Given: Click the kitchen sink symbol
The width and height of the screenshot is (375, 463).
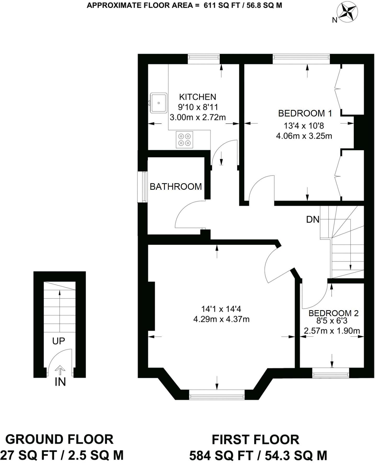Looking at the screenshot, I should pyautogui.click(x=159, y=103).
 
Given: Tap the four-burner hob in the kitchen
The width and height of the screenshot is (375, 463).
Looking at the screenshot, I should pyautogui.click(x=184, y=140).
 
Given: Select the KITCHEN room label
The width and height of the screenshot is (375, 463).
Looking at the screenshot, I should pyautogui.click(x=198, y=97).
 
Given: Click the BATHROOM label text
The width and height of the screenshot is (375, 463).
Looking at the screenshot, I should pyautogui.click(x=176, y=187).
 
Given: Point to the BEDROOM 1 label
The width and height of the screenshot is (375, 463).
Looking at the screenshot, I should pyautogui.click(x=305, y=113).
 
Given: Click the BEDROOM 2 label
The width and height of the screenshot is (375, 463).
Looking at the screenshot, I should pyautogui.click(x=333, y=313).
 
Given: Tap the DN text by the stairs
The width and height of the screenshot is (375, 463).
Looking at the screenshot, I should pyautogui.click(x=313, y=220).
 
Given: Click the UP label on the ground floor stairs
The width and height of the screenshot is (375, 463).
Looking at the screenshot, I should pyautogui.click(x=58, y=341).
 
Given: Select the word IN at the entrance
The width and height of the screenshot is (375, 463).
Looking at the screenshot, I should pyautogui.click(x=60, y=382).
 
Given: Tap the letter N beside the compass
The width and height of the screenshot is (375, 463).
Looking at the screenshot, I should pyautogui.click(x=334, y=20).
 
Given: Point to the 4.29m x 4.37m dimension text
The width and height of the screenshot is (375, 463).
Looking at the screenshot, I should pyautogui.click(x=221, y=319).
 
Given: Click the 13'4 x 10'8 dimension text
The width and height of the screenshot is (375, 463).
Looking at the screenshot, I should pyautogui.click(x=304, y=126).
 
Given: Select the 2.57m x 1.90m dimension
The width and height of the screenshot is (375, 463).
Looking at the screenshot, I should pyautogui.click(x=332, y=331).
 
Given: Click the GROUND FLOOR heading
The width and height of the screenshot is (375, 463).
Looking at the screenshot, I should pyautogui.click(x=59, y=439).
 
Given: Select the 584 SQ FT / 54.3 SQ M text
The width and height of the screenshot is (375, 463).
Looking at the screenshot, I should pyautogui.click(x=258, y=456).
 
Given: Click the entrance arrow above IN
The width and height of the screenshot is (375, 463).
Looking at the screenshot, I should pyautogui.click(x=60, y=370).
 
